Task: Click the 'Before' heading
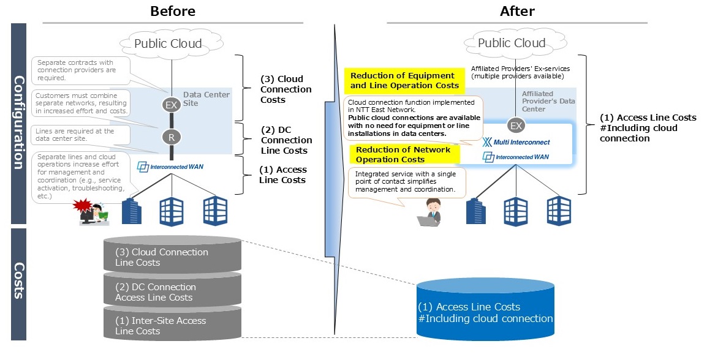pyautogui.click(x=173, y=11)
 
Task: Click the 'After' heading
pyautogui.click(x=517, y=11)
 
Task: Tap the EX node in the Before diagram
pyautogui.click(x=172, y=105)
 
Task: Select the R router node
pyautogui.click(x=172, y=137)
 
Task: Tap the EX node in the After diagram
pyautogui.click(x=516, y=126)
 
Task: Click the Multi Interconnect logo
pyautogui.click(x=516, y=143)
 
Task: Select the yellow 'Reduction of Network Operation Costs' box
pyautogui.click(x=403, y=154)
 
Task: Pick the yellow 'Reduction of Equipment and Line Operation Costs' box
pyautogui.click(x=402, y=81)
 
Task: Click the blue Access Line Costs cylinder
pyautogui.click(x=485, y=309)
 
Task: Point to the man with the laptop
pyautogui.click(x=429, y=212)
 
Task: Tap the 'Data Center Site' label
pyautogui.click(x=206, y=99)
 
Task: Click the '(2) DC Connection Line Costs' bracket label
pyautogui.click(x=286, y=140)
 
